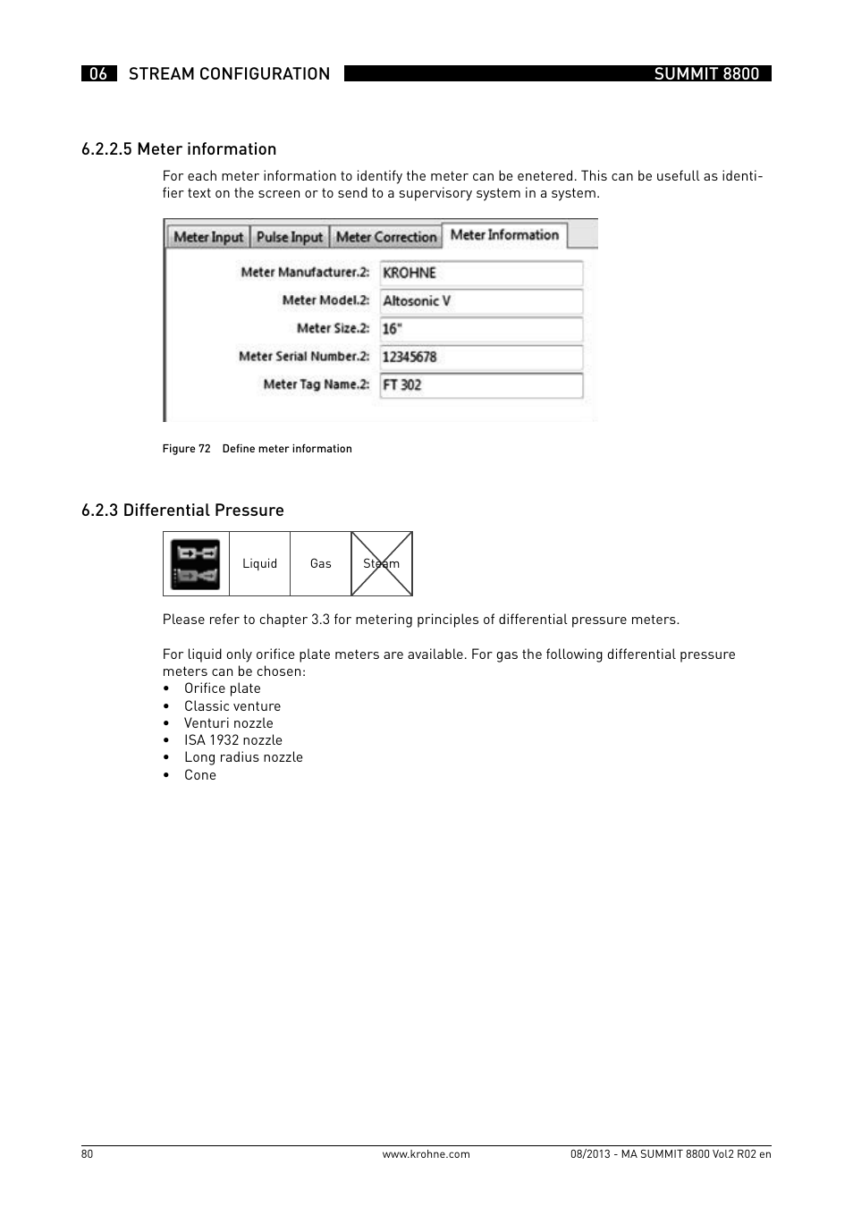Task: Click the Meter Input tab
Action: pyautogui.click(x=207, y=237)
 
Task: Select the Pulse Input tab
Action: pyautogui.click(x=289, y=237)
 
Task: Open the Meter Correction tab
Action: pyautogui.click(x=386, y=237)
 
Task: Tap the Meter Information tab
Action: pyautogui.click(x=504, y=235)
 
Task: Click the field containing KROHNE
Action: pyautogui.click(x=481, y=273)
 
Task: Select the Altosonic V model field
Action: pyautogui.click(x=481, y=301)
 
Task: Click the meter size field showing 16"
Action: pyautogui.click(x=481, y=329)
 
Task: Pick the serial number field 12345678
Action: pyautogui.click(x=481, y=357)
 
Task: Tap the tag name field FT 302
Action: pyautogui.click(x=481, y=385)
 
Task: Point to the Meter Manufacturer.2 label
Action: pyautogui.click(x=305, y=272)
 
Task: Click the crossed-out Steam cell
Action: pyautogui.click(x=382, y=563)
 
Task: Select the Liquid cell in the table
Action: pyautogui.click(x=260, y=563)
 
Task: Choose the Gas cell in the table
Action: pyautogui.click(x=320, y=563)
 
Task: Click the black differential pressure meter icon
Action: pyautogui.click(x=196, y=564)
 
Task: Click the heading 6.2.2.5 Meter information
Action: pyautogui.click(x=179, y=149)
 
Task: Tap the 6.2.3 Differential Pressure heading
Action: pyautogui.click(x=182, y=511)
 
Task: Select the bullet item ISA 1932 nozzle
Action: pyautogui.click(x=232, y=740)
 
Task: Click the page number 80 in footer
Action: pyautogui.click(x=87, y=1154)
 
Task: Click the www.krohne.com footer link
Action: pyautogui.click(x=426, y=1154)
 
